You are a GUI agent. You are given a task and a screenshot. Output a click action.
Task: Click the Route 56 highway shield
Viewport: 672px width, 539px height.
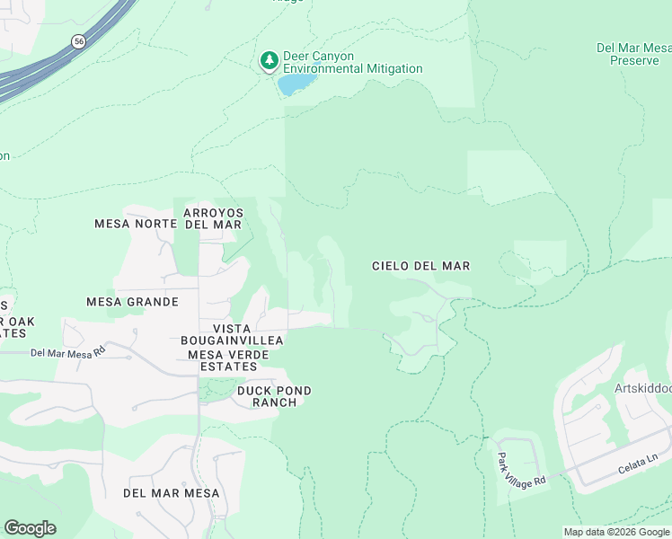tap(78, 41)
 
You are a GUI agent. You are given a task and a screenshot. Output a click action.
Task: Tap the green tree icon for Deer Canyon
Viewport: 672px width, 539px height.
tap(268, 61)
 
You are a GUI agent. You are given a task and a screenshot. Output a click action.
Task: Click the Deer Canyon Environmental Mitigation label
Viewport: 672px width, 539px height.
tap(352, 62)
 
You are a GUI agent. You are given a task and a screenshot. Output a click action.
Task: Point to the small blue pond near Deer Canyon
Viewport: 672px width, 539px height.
tap(296, 84)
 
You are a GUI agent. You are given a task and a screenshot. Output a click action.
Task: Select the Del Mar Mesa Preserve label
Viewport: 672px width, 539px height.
tap(634, 54)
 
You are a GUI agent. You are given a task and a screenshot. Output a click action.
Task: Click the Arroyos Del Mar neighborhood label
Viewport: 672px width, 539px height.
tap(213, 218)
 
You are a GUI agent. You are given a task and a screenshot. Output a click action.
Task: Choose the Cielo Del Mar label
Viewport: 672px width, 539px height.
tap(421, 266)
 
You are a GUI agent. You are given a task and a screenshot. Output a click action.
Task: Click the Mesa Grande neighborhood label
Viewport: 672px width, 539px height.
tap(132, 302)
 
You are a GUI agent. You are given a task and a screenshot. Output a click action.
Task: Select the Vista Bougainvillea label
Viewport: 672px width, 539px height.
tap(232, 334)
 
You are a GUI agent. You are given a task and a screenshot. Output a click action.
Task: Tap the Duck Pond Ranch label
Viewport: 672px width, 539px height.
tap(274, 396)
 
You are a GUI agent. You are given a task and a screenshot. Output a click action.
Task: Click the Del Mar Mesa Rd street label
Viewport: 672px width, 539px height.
tap(66, 353)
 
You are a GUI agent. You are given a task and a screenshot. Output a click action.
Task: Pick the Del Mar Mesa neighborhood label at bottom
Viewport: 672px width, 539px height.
tap(171, 493)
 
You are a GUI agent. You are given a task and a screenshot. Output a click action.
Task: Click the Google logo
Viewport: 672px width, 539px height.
tap(30, 528)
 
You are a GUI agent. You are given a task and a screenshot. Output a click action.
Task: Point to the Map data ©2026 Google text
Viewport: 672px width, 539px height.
tap(616, 532)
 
